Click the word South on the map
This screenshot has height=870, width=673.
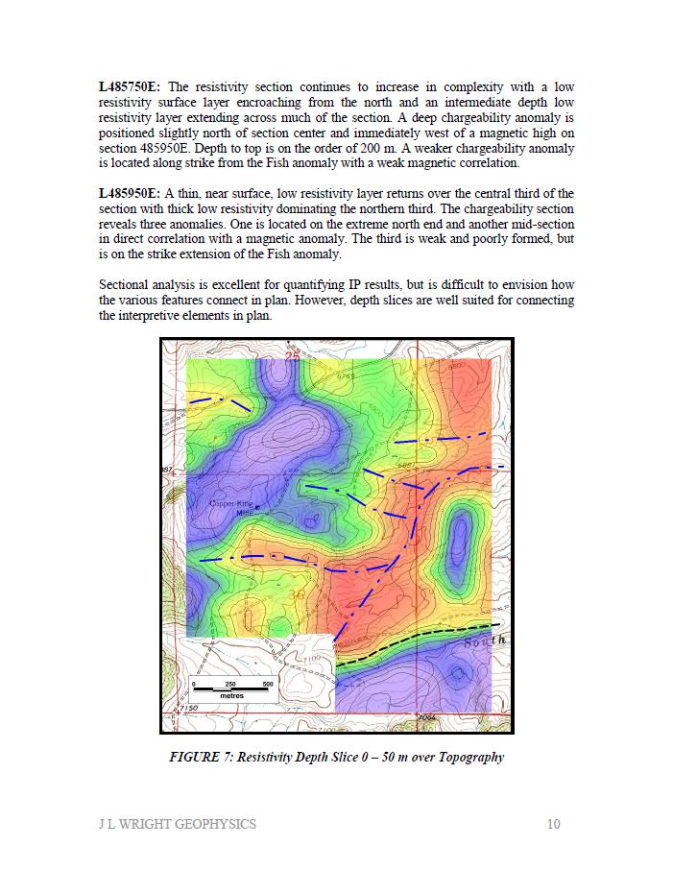tap(484, 640)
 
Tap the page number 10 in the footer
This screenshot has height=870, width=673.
tap(553, 824)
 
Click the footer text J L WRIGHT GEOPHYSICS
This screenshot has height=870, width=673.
tap(178, 824)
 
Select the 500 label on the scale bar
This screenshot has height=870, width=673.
tap(267, 683)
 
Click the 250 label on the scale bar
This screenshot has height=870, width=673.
tap(230, 683)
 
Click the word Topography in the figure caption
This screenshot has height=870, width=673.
tap(470, 757)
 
